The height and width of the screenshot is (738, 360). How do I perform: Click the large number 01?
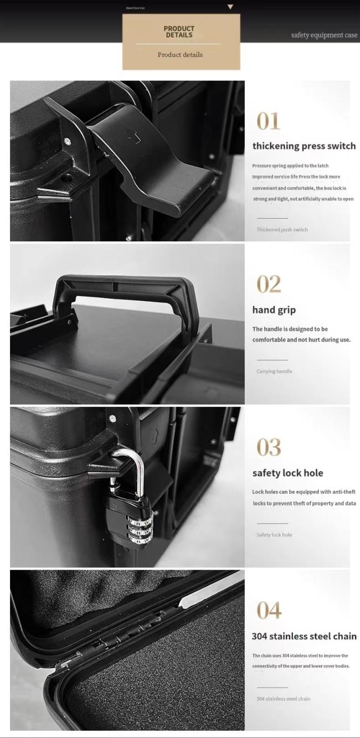pyautogui.click(x=269, y=121)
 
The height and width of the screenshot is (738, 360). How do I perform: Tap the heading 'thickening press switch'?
pyautogui.click(x=304, y=146)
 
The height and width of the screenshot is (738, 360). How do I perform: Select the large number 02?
pyautogui.click(x=269, y=285)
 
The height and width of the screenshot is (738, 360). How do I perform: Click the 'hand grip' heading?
pyautogui.click(x=274, y=310)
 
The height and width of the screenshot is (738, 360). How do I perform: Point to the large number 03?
pyautogui.click(x=269, y=447)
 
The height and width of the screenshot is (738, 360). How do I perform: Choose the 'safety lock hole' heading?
pyautogui.click(x=287, y=473)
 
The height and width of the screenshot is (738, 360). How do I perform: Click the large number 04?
pyautogui.click(x=269, y=611)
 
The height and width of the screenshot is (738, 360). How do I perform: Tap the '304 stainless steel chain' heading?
pyautogui.click(x=304, y=637)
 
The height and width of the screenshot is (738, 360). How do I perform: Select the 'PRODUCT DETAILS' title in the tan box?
pyautogui.click(x=179, y=32)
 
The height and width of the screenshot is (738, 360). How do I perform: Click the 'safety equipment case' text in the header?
pyautogui.click(x=324, y=35)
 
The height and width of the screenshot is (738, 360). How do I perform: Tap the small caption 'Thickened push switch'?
pyautogui.click(x=282, y=230)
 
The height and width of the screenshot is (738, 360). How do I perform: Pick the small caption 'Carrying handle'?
pyautogui.click(x=274, y=371)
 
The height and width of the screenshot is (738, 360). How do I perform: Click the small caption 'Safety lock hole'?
pyautogui.click(x=274, y=535)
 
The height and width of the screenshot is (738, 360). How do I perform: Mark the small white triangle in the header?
pyautogui.click(x=230, y=7)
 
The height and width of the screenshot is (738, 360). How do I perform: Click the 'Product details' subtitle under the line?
pyautogui.click(x=180, y=55)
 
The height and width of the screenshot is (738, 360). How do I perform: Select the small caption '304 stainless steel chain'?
pyautogui.click(x=283, y=699)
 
